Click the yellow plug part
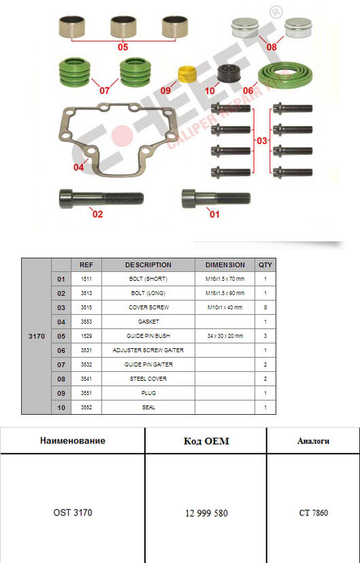[x=188, y=73]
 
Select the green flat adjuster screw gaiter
[x=285, y=76]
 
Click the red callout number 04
[x=78, y=167]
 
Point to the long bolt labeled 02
[x=101, y=198]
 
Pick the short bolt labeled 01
[x=216, y=198]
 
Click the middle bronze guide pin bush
[x=123, y=27]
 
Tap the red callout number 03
[x=262, y=141]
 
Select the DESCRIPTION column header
[x=148, y=265]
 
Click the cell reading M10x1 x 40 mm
[x=225, y=307]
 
